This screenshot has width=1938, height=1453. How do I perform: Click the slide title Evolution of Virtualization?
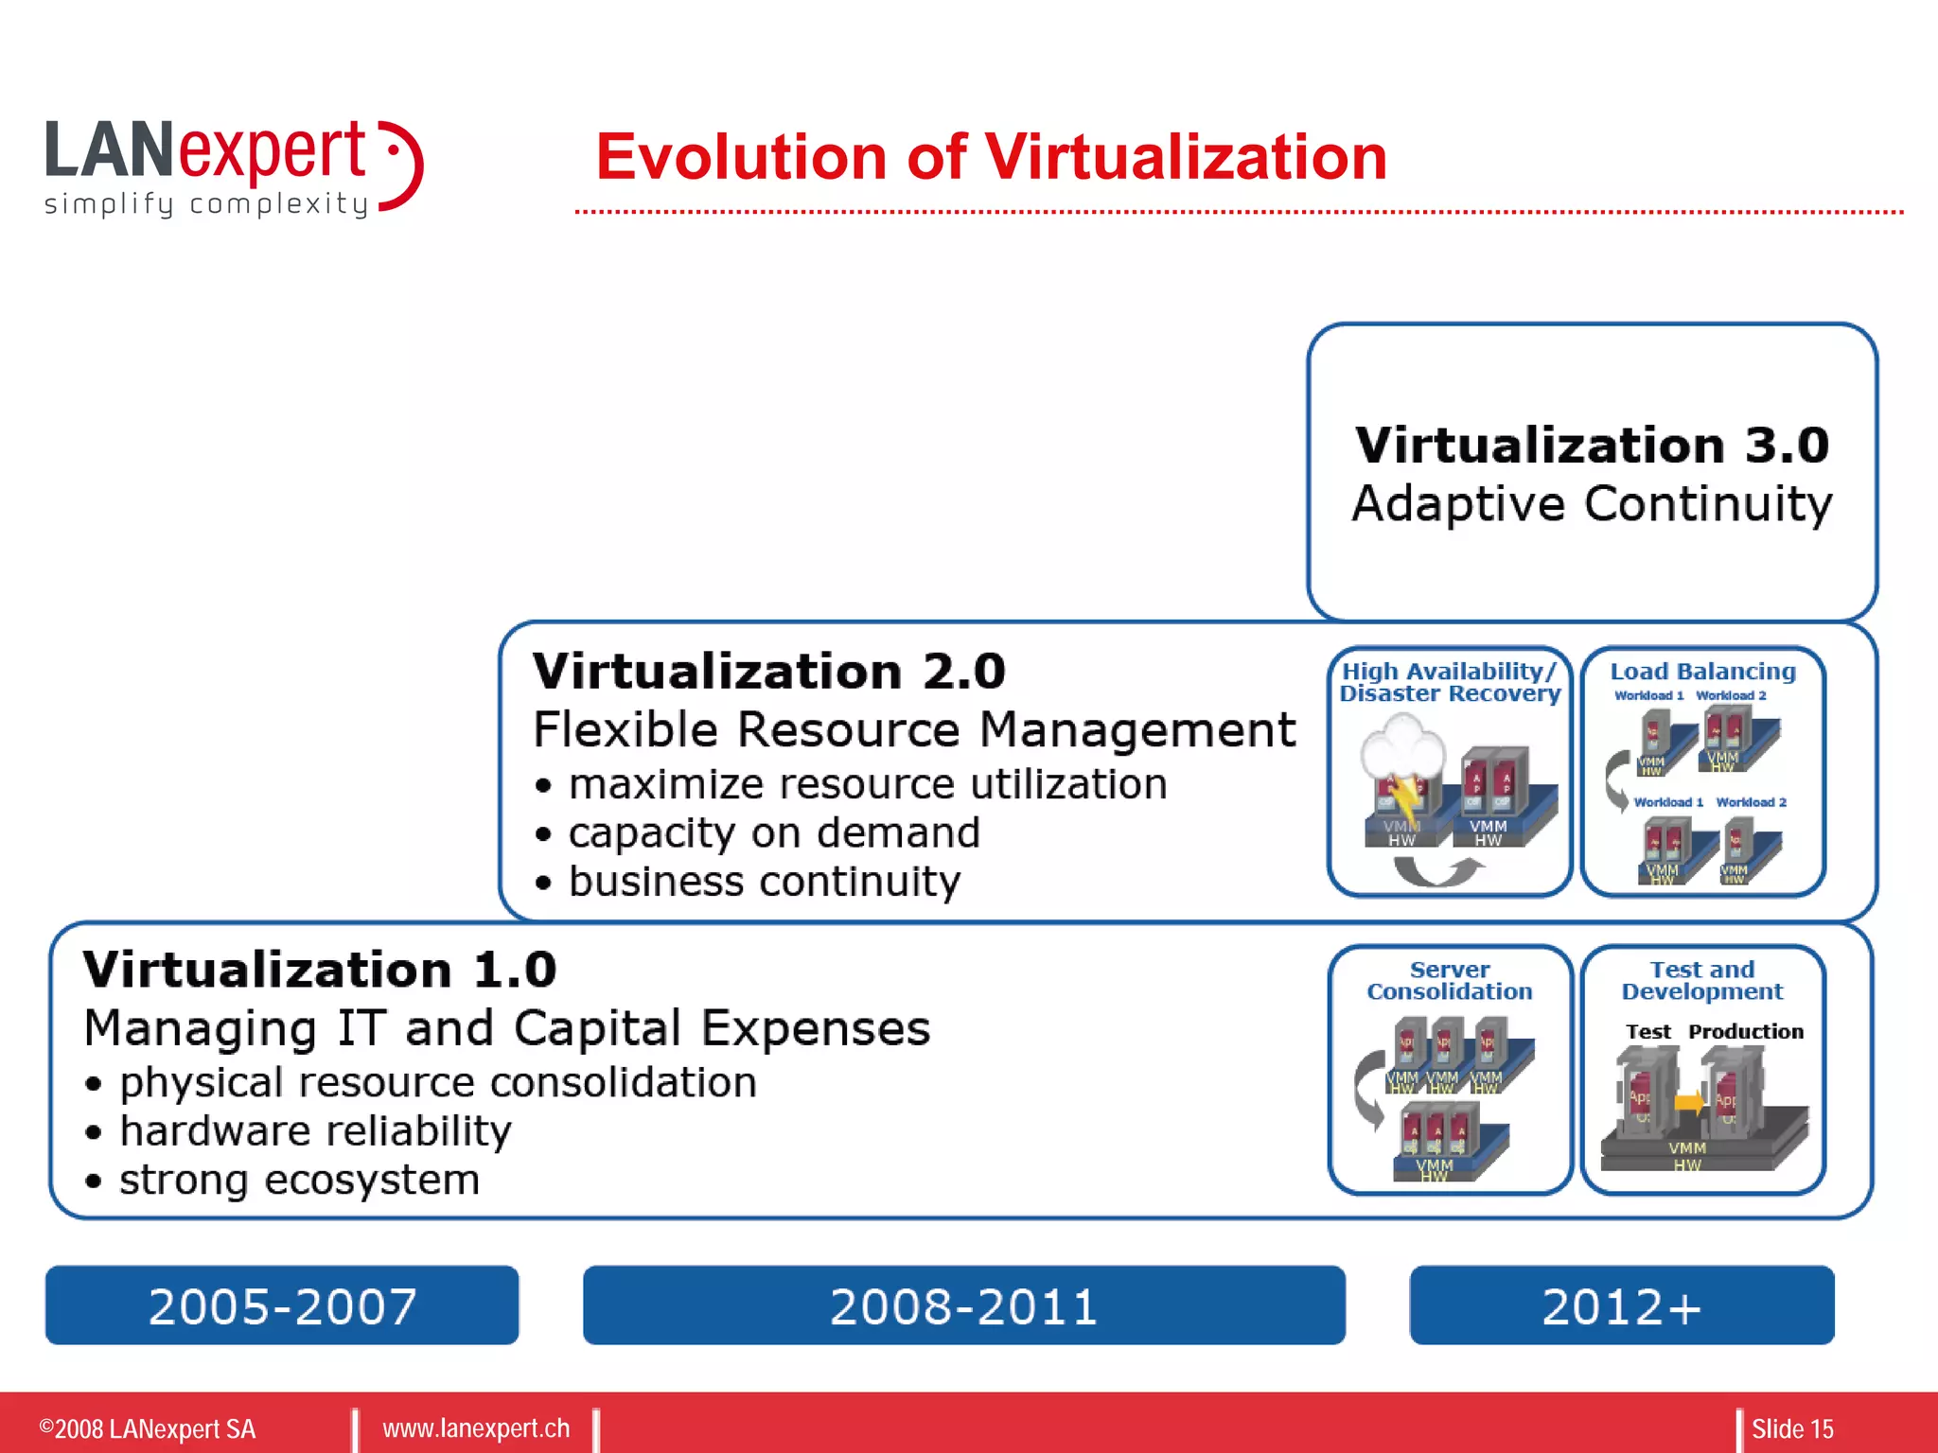pos(991,156)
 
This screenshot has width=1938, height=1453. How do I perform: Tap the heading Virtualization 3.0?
pos(1592,445)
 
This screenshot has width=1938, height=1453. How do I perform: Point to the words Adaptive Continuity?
pos(1592,503)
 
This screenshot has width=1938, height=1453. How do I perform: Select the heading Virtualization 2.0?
pos(768,672)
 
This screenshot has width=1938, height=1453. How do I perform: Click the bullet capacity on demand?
pos(773,832)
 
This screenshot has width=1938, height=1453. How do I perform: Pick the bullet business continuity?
pos(764,882)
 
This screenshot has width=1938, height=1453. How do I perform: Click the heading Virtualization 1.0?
pos(320,970)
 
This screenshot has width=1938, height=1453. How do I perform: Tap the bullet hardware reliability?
pos(314,1131)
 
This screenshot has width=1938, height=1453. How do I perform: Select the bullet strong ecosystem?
pos(299,1180)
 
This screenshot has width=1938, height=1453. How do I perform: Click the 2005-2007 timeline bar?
pos(282,1305)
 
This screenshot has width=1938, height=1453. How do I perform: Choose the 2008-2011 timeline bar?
pos(963,1305)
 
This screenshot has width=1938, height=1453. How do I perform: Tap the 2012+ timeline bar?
pos(1621,1305)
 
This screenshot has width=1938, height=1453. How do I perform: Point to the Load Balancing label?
pos(1702,672)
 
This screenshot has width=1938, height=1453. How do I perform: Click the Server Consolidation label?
pos(1450,981)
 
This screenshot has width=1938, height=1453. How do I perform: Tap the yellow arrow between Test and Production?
pos(1688,1102)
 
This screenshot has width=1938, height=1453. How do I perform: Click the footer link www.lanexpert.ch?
pos(476,1428)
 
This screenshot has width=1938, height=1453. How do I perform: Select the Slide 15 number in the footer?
pos(1791,1428)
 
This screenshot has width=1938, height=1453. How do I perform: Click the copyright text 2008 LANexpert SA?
pos(148,1428)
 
